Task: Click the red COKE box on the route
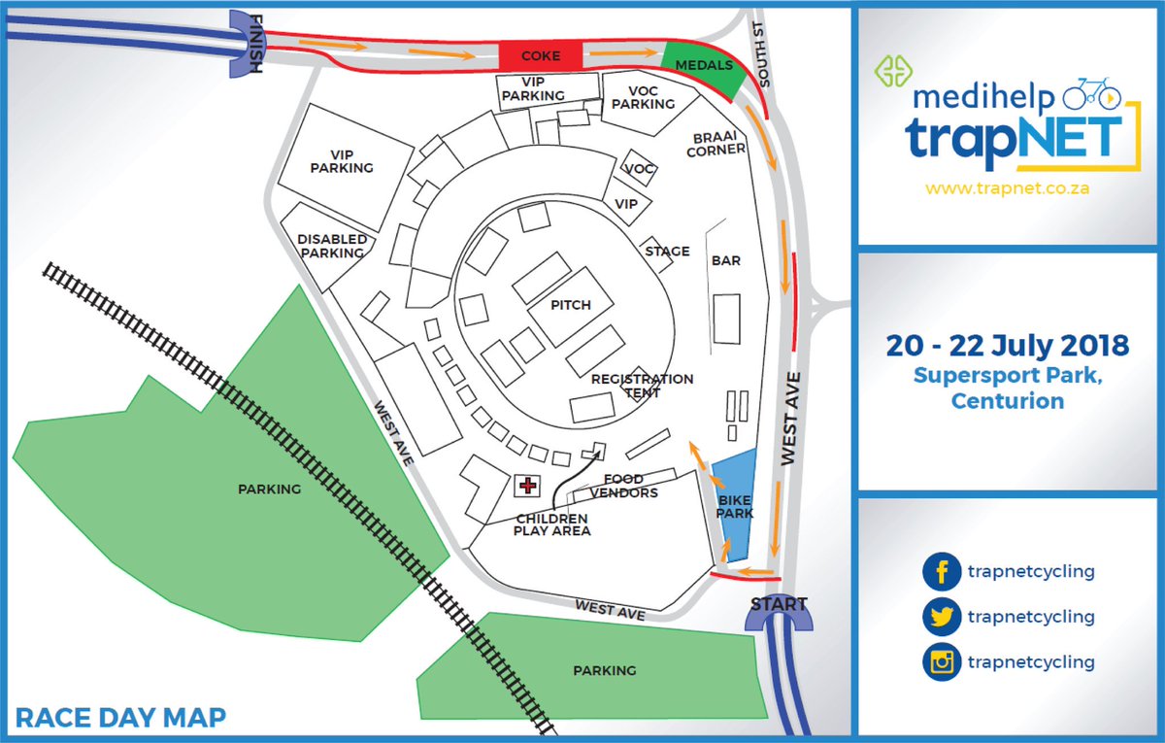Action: (x=541, y=55)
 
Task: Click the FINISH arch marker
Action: (x=244, y=45)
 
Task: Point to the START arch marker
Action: (x=779, y=611)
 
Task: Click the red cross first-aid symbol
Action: (x=528, y=485)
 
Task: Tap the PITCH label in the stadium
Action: (x=570, y=305)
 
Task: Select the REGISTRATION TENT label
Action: (x=642, y=386)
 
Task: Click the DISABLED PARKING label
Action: (x=332, y=246)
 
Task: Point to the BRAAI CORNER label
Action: (x=716, y=143)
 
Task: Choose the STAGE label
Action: (x=667, y=252)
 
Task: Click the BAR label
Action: (x=726, y=261)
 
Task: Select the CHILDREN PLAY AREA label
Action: (x=552, y=524)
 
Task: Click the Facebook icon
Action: (x=940, y=572)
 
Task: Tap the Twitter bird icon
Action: (x=940, y=617)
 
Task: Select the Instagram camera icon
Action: (x=940, y=662)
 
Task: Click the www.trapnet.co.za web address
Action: (x=1008, y=188)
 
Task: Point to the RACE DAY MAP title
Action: (x=121, y=719)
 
